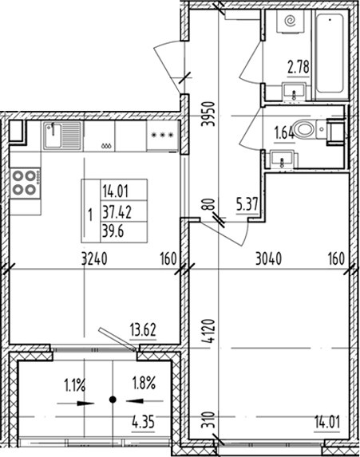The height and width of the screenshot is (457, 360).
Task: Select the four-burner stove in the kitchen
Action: [x=25, y=183]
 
